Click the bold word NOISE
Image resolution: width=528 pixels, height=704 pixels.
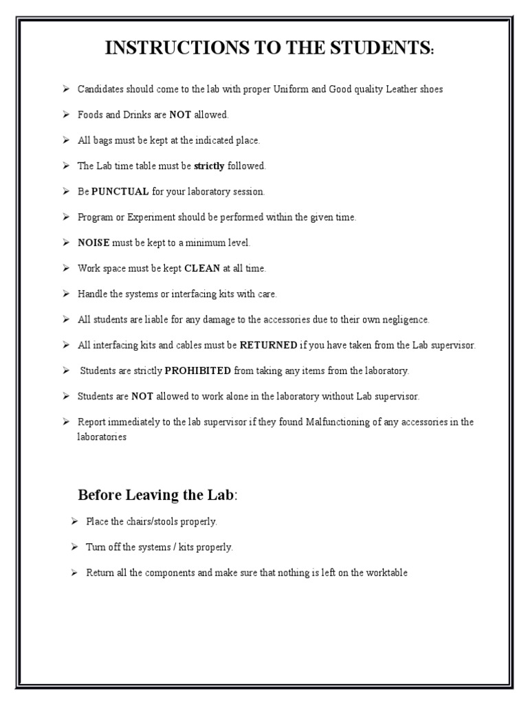[93, 243]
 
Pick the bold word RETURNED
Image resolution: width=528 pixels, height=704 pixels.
[268, 345]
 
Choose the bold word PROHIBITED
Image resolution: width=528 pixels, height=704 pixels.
[198, 371]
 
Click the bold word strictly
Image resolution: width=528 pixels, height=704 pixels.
[209, 166]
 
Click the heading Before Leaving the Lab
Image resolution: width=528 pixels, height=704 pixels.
[156, 495]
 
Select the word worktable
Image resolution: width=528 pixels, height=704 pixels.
[386, 573]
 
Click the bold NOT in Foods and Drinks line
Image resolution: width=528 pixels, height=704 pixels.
[180, 115]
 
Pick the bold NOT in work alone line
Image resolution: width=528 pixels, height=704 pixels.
[142, 397]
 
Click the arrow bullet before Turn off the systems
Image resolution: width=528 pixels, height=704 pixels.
[74, 547]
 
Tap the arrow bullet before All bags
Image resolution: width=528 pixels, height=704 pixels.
[65, 140]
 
